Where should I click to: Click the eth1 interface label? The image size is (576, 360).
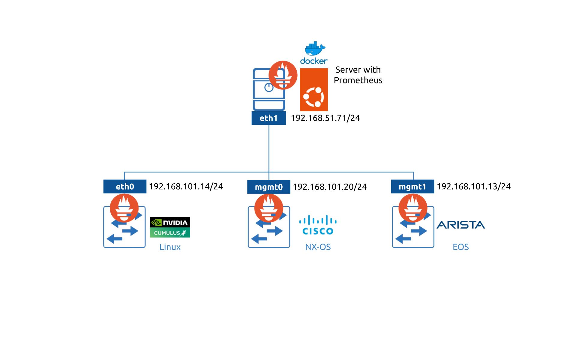[268, 118]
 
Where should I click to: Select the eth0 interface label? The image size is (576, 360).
[125, 187]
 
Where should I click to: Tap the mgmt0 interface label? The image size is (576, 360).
[268, 187]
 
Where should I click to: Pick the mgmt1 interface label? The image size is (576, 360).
[412, 187]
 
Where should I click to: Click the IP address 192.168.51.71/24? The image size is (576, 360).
[325, 118]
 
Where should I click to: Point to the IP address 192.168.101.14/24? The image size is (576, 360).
[186, 187]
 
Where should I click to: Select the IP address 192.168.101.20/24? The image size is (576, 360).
[330, 187]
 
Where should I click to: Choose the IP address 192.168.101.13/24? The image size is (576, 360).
[473, 187]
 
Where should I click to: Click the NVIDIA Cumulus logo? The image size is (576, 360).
[170, 227]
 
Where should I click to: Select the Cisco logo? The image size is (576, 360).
[318, 225]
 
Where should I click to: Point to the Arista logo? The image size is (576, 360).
[460, 225]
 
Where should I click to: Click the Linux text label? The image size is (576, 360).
[170, 247]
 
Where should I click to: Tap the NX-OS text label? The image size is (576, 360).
[318, 247]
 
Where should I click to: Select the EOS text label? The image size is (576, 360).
[460, 247]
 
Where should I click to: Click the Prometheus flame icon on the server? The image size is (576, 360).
[283, 75]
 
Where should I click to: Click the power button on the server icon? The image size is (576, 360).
[269, 88]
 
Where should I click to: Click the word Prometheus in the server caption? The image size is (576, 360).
[358, 80]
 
